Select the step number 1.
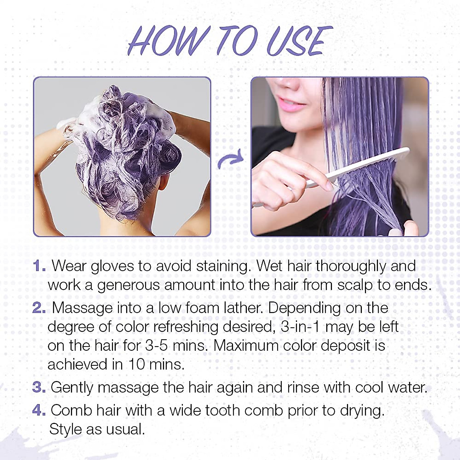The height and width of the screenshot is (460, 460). coord(39,266)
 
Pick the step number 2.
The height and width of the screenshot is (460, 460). coord(39,308)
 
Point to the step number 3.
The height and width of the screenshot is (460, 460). coord(39,388)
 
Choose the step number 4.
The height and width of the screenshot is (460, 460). coord(39,411)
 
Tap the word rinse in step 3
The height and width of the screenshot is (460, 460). coord(303,388)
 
